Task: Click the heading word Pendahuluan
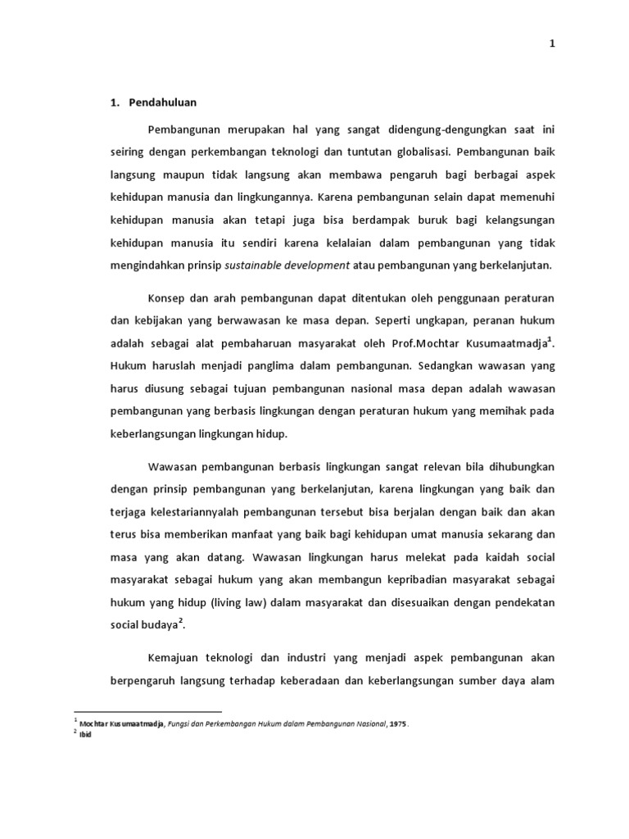click(163, 102)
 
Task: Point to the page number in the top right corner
click(552, 44)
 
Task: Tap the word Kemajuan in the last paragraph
click(174, 658)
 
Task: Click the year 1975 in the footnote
click(396, 723)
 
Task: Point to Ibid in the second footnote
click(84, 734)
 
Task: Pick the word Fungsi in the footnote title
click(181, 723)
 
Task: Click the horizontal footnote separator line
click(148, 712)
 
